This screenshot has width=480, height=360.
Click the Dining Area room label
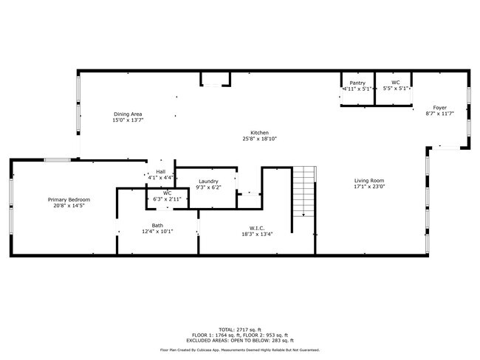click(128, 114)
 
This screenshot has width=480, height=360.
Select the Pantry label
click(357, 83)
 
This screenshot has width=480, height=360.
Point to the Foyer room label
click(439, 108)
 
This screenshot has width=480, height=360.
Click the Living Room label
click(368, 181)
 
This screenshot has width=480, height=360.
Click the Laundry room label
click(208, 181)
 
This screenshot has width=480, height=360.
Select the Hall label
click(160, 171)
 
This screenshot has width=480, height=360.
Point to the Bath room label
click(158, 225)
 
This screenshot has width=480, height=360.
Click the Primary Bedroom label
click(69, 200)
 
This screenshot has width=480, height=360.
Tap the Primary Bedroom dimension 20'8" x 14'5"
click(69, 206)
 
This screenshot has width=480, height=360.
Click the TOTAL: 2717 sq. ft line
click(240, 328)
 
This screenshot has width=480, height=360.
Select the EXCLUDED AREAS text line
click(240, 339)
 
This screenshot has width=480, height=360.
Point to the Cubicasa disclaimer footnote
click(240, 350)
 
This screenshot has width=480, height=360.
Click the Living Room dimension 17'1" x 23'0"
click(368, 187)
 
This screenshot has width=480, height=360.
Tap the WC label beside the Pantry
click(396, 83)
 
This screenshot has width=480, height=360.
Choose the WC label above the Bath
click(167, 193)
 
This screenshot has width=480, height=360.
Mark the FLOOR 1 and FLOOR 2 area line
click(240, 334)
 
